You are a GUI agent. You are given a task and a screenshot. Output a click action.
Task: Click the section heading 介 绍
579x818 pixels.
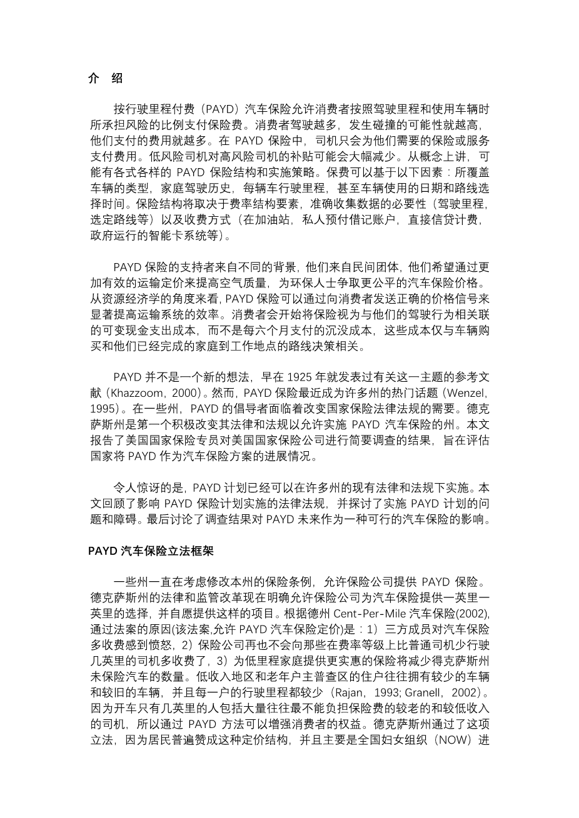[x=105, y=78]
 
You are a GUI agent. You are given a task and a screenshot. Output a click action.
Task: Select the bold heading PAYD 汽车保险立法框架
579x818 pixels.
[x=151, y=551]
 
